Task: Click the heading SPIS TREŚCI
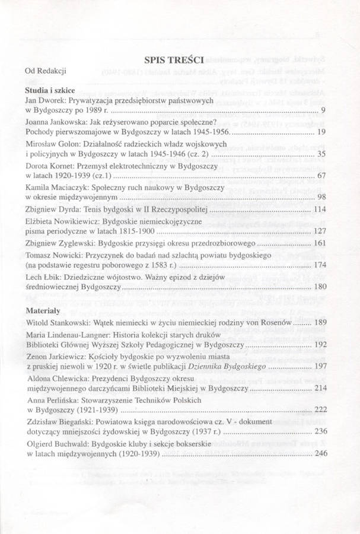[x=175, y=59]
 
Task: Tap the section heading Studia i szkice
[x=49, y=88]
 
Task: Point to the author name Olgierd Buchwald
[x=59, y=444]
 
